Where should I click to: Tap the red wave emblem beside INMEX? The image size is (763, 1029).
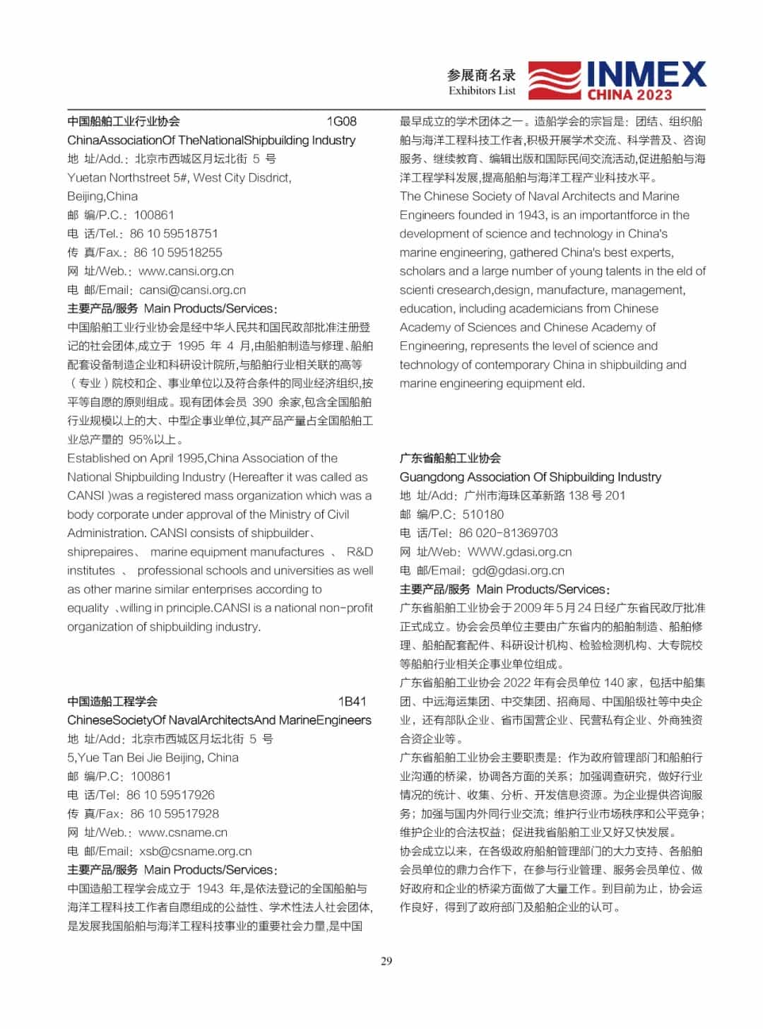pos(555,80)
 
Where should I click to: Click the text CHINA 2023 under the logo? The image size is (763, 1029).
pos(629,95)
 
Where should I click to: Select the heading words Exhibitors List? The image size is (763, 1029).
pos(482,90)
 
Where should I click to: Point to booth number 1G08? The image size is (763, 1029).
pos(341,122)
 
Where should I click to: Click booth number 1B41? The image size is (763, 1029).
pos(352,702)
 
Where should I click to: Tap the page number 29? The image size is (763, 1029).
pos(386,961)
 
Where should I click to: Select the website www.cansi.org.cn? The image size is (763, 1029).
pos(186,271)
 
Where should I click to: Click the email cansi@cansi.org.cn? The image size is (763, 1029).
pos(192,290)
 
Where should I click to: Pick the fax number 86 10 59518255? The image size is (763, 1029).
pos(178,252)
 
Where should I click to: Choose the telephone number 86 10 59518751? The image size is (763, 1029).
pos(174,234)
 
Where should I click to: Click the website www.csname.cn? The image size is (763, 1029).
pos(183,833)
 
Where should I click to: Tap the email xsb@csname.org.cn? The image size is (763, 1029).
pos(195,852)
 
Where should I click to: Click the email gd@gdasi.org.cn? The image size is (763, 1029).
pos(518,571)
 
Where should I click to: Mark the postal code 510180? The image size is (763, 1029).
pos(483,514)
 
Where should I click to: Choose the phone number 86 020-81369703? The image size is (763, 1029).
pos(508,533)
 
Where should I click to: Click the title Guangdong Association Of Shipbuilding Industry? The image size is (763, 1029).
pos(531,477)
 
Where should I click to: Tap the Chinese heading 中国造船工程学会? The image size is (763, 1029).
pos(112,702)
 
